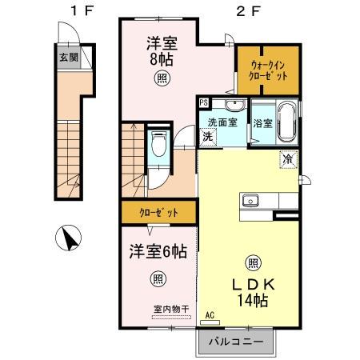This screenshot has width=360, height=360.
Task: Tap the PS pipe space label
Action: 204,103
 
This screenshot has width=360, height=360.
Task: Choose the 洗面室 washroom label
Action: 223,122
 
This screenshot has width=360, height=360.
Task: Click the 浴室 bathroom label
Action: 262,123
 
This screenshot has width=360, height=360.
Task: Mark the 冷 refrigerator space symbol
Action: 287,159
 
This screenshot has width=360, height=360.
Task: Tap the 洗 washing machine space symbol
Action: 206,137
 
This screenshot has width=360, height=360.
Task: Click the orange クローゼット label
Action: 158,213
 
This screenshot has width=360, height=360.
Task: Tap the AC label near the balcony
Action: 210,315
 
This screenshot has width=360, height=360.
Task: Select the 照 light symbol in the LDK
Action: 252,262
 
